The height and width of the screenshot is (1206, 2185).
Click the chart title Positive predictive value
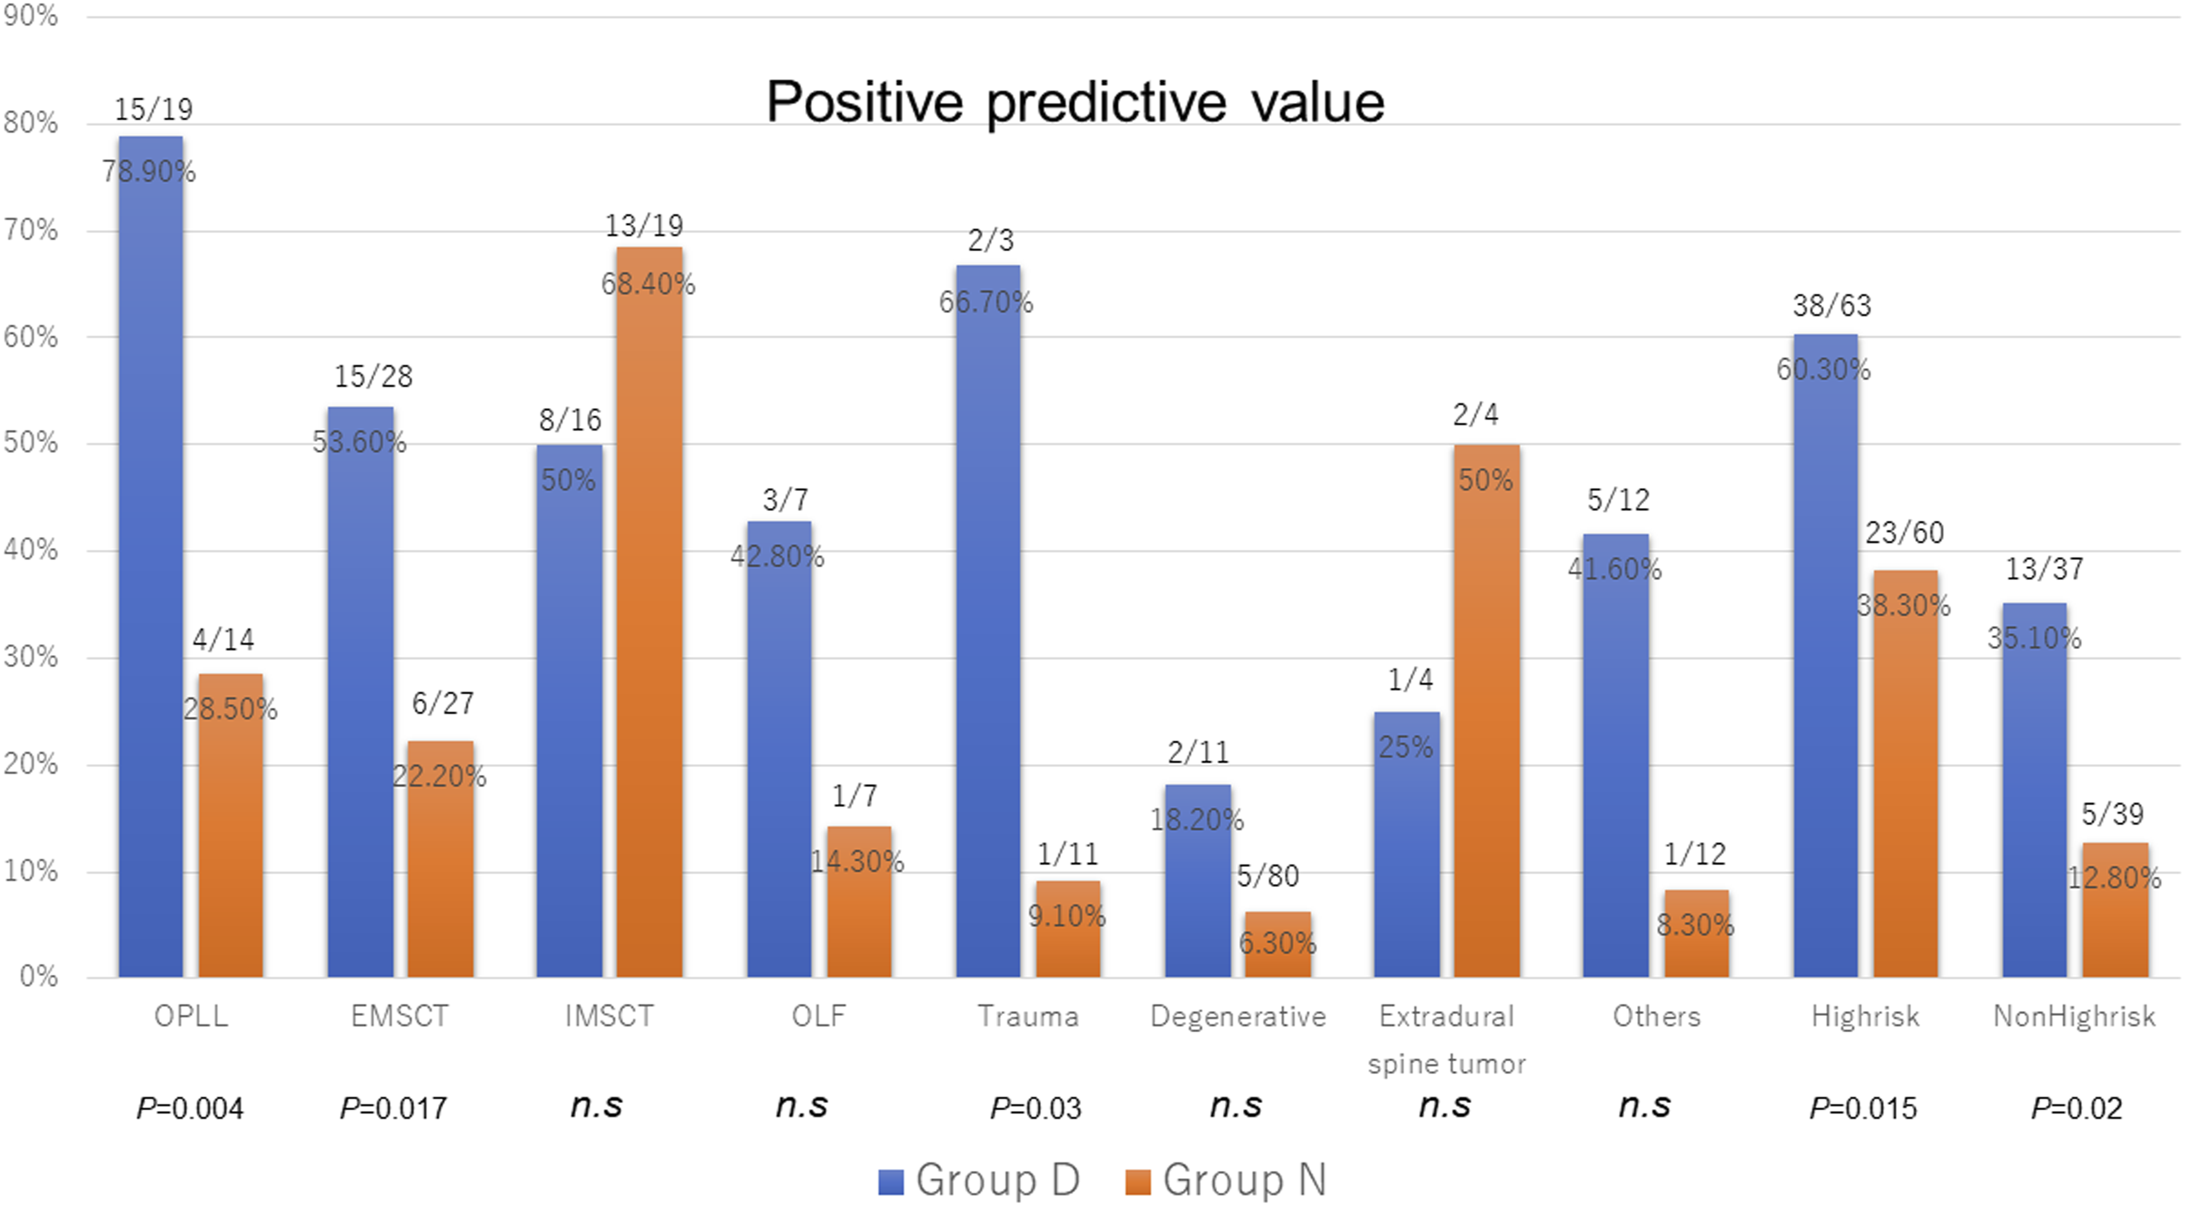pos(1075,103)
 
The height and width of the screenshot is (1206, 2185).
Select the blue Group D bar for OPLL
pos(151,556)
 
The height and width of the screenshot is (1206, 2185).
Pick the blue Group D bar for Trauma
pos(988,622)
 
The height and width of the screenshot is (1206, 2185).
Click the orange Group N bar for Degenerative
pos(1278,945)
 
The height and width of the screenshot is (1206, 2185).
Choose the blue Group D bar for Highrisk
pos(1825,656)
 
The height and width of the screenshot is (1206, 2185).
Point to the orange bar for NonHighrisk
pos(2115,910)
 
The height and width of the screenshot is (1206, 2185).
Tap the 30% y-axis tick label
pos(31,657)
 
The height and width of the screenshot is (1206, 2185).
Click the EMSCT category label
pos(400,1016)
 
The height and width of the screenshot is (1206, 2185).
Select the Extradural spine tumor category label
pos(1447,1040)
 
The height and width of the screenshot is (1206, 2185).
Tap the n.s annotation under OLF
pos(802,1106)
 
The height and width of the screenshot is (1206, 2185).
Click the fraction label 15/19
pos(153,109)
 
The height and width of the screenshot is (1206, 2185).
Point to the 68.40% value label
pos(648,283)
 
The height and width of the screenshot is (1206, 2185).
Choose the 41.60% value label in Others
pos(1615,568)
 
